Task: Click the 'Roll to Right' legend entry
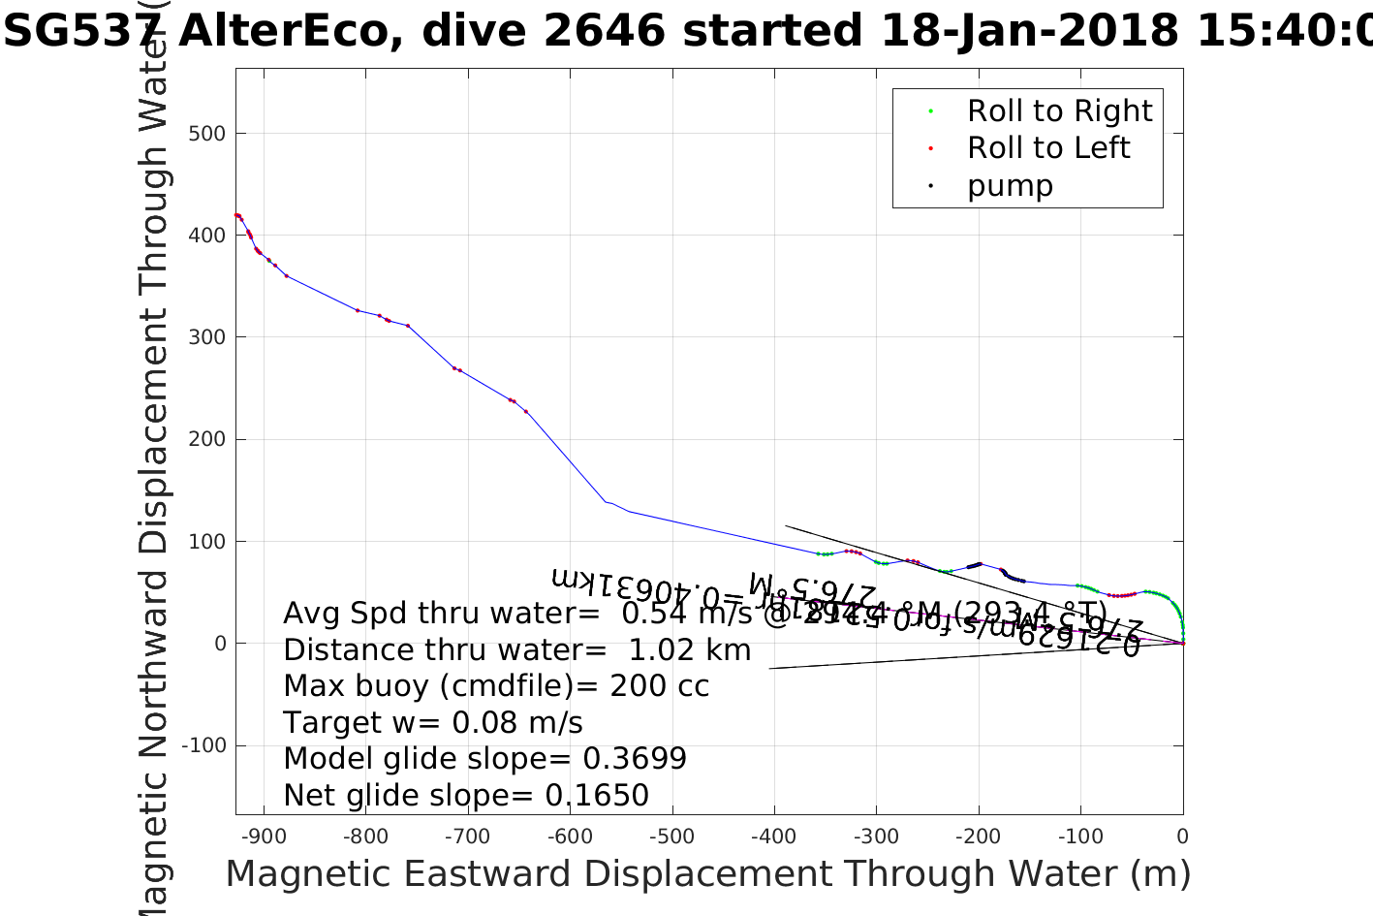tap(1059, 111)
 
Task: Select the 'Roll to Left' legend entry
tap(1048, 148)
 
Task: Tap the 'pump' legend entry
tap(1010, 186)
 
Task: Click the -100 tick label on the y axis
tap(203, 745)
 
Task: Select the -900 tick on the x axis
tap(263, 837)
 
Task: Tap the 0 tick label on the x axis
tap(1182, 837)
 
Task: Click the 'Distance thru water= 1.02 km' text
tap(516, 650)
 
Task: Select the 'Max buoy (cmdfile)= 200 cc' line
tap(496, 686)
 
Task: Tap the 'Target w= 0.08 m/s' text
tap(433, 723)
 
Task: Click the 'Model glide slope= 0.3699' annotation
tap(484, 759)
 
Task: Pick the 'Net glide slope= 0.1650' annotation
tap(466, 796)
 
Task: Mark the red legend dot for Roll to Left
tap(930, 148)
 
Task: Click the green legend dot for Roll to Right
tap(930, 111)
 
